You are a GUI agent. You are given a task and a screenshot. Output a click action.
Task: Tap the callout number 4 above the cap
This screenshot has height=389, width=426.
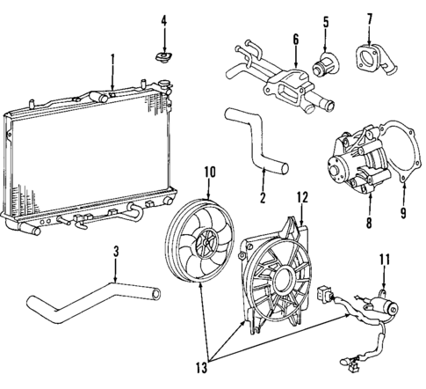pos(162,19)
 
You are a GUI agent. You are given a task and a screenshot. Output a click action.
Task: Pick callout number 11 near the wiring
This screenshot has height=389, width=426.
pos(384,259)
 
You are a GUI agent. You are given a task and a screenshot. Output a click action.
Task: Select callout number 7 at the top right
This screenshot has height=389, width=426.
pos(369,18)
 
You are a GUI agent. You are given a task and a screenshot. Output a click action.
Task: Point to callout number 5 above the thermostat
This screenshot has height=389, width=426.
pos(325,19)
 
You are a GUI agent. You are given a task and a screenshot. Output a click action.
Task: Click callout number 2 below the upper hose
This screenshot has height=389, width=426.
pos(263,197)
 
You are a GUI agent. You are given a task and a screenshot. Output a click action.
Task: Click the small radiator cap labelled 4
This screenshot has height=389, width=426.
pos(162,58)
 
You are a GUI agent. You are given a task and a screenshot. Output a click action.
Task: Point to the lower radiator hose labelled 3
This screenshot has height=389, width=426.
pos(88,299)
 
